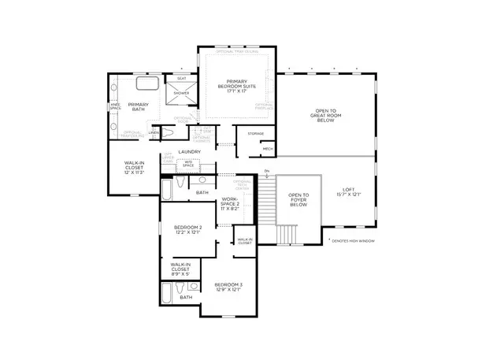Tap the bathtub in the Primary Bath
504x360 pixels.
147,84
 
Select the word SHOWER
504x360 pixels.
181,93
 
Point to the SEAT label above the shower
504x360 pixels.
181,78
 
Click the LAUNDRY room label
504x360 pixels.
190,151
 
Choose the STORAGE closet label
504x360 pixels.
256,134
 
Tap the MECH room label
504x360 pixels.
267,148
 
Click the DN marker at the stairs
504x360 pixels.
267,172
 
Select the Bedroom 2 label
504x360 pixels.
187,229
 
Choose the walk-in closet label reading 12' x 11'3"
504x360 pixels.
133,169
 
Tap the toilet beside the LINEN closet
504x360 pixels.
168,132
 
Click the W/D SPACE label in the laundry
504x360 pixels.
189,164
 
